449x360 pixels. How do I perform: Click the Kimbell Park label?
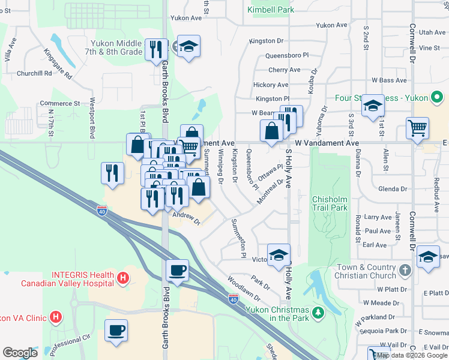click(x=270, y=10)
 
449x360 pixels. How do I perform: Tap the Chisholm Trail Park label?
click(x=330, y=203)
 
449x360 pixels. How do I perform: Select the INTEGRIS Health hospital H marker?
click(x=122, y=278)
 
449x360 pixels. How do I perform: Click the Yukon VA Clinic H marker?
click(x=56, y=316)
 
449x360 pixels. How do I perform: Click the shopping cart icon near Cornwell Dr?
click(x=417, y=128)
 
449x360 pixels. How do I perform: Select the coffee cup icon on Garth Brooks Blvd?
click(x=176, y=270)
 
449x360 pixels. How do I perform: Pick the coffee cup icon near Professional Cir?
click(x=116, y=329)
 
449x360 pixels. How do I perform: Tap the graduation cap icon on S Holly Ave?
click(x=279, y=254)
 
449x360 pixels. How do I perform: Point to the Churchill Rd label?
click(x=34, y=74)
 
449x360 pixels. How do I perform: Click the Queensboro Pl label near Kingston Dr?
click(x=286, y=55)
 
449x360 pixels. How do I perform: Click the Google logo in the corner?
click(x=20, y=352)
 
